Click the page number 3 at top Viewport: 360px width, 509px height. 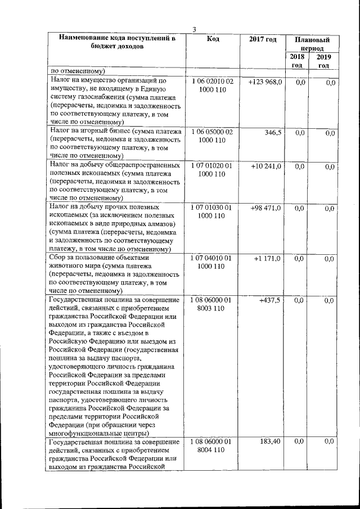(193, 29)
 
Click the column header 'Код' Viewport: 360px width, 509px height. (213, 39)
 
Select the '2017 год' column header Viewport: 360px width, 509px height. (263, 39)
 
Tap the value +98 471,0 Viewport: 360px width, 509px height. (265, 208)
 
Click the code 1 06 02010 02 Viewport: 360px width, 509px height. (212, 82)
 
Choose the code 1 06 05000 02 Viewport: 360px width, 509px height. (212, 132)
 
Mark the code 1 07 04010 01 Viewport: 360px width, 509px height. (212, 258)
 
